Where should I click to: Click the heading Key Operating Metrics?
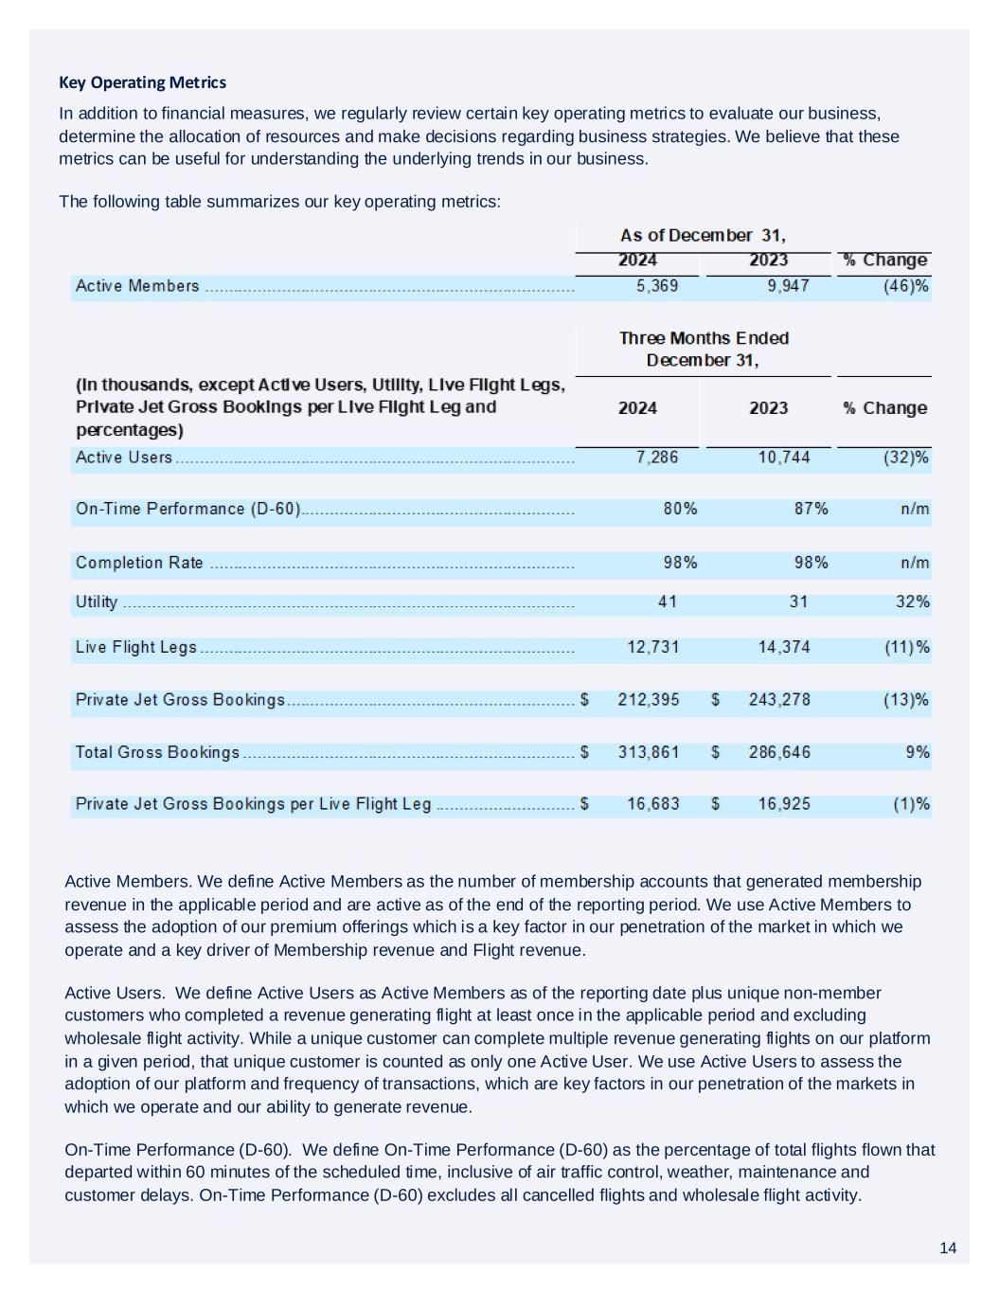[x=142, y=82]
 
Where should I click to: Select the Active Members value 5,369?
[x=656, y=286]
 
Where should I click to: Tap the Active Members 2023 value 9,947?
[x=788, y=286]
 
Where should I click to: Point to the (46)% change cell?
[x=905, y=286]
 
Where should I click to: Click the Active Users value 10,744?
[x=784, y=458]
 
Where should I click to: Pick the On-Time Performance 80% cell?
[x=680, y=509]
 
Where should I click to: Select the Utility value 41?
[x=667, y=602]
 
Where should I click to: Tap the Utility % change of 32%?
[x=912, y=602]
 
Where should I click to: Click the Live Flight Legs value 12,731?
[x=652, y=647]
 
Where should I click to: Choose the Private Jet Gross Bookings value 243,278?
[x=779, y=699]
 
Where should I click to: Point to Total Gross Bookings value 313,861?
[x=649, y=752]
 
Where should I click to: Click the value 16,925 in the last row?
[x=784, y=804]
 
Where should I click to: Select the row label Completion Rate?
[x=139, y=563]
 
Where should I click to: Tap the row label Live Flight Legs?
[x=136, y=647]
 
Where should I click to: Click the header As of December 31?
[x=703, y=235]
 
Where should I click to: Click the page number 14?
[x=948, y=1248]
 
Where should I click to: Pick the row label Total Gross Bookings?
[x=157, y=752]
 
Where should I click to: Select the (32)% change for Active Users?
[x=905, y=458]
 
